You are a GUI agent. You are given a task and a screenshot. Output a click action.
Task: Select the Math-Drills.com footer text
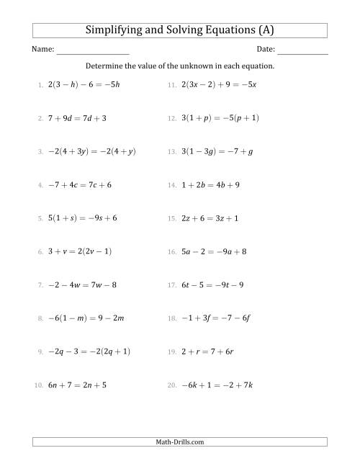pyautogui.click(x=180, y=442)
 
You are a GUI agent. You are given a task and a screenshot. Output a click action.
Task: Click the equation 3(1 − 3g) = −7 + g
pyautogui.click(x=215, y=151)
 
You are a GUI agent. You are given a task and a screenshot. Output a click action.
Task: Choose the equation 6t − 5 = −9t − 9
pyautogui.click(x=214, y=284)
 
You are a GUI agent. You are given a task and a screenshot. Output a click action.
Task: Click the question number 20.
pyautogui.click(x=171, y=385)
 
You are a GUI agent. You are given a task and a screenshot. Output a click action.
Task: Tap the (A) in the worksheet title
pyautogui.click(x=264, y=30)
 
